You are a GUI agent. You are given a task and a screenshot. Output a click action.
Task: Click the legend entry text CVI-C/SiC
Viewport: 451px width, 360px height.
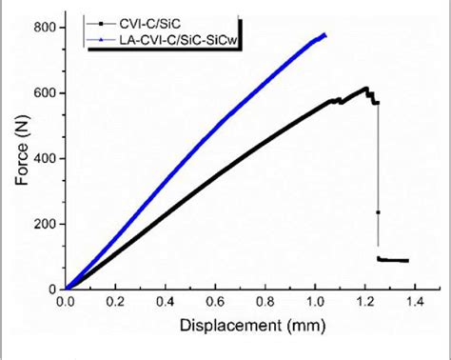tap(148, 18)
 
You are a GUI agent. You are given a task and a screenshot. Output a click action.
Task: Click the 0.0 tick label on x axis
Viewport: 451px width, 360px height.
tap(66, 302)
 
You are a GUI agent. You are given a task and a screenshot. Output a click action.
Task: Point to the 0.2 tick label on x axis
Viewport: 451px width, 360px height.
tap(115, 302)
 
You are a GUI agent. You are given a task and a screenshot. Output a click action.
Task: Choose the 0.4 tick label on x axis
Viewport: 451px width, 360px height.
tap(165, 302)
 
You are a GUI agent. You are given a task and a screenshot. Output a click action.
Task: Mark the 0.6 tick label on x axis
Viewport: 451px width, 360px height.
tap(215, 302)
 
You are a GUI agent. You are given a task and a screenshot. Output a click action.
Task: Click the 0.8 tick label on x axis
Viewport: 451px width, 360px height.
tap(265, 302)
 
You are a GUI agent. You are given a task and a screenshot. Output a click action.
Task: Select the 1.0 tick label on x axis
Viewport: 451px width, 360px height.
tap(315, 302)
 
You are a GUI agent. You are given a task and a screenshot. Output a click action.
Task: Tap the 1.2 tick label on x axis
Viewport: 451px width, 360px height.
tap(364, 302)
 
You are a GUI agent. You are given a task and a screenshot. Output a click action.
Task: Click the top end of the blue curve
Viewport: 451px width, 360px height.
tap(324, 35)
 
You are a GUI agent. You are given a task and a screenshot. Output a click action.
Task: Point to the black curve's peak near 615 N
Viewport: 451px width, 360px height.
tap(365, 89)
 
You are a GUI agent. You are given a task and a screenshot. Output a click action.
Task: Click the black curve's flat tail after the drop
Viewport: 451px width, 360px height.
tap(394, 260)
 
